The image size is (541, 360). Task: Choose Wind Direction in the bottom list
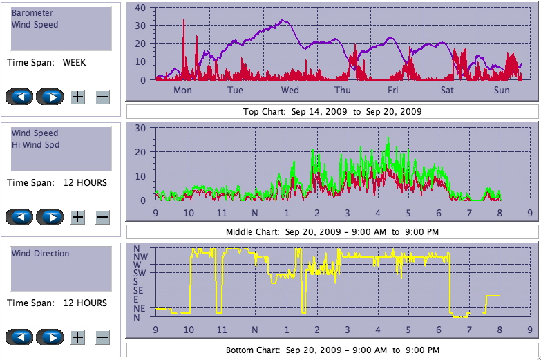(x=40, y=254)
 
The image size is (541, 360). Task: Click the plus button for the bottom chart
(x=77, y=337)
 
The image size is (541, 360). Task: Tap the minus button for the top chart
(x=102, y=97)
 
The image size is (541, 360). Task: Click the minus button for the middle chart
(x=102, y=217)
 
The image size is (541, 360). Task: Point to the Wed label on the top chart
(x=290, y=91)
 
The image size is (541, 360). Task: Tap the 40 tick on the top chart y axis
(x=140, y=8)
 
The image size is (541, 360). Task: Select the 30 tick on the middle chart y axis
(x=140, y=129)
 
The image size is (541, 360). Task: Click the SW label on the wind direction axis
(x=140, y=274)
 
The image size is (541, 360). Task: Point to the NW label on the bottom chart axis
(x=140, y=256)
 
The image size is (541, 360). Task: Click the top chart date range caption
(x=332, y=111)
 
